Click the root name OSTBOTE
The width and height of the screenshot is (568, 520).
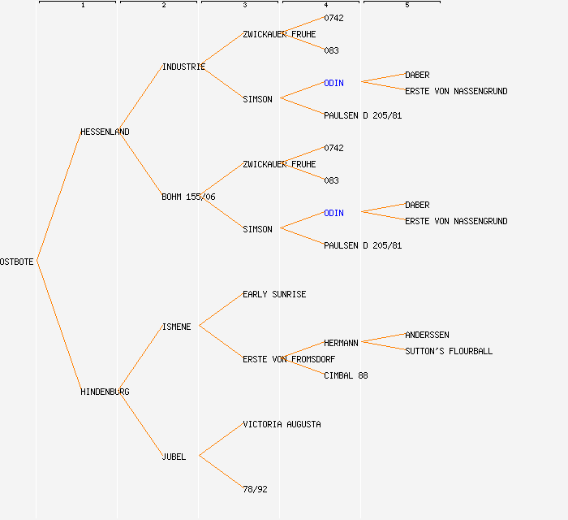point(17,262)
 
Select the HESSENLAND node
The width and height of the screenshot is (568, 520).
point(105,132)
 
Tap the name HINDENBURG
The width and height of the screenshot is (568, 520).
point(105,392)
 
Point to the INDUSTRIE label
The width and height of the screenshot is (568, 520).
point(183,67)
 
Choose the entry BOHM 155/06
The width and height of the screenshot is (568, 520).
point(188,197)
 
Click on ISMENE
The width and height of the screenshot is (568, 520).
point(176,327)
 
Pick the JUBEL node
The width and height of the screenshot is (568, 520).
point(174,457)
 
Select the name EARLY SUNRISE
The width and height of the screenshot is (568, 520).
point(274,294)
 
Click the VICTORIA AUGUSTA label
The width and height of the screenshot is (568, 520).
point(282,424)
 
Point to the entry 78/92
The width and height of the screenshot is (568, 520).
point(255,489)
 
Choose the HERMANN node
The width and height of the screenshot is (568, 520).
point(341,343)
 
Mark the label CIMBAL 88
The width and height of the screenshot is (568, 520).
point(346,375)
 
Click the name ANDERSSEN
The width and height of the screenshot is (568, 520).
point(427,335)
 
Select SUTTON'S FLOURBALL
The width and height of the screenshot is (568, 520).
point(449,351)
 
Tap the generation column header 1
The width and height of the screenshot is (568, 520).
point(83,6)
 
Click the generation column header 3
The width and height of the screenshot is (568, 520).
point(245,6)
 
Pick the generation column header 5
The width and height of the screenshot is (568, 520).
point(407,6)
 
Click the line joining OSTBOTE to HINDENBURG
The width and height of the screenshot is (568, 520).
point(58,327)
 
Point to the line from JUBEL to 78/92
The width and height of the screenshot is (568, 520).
point(221,473)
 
